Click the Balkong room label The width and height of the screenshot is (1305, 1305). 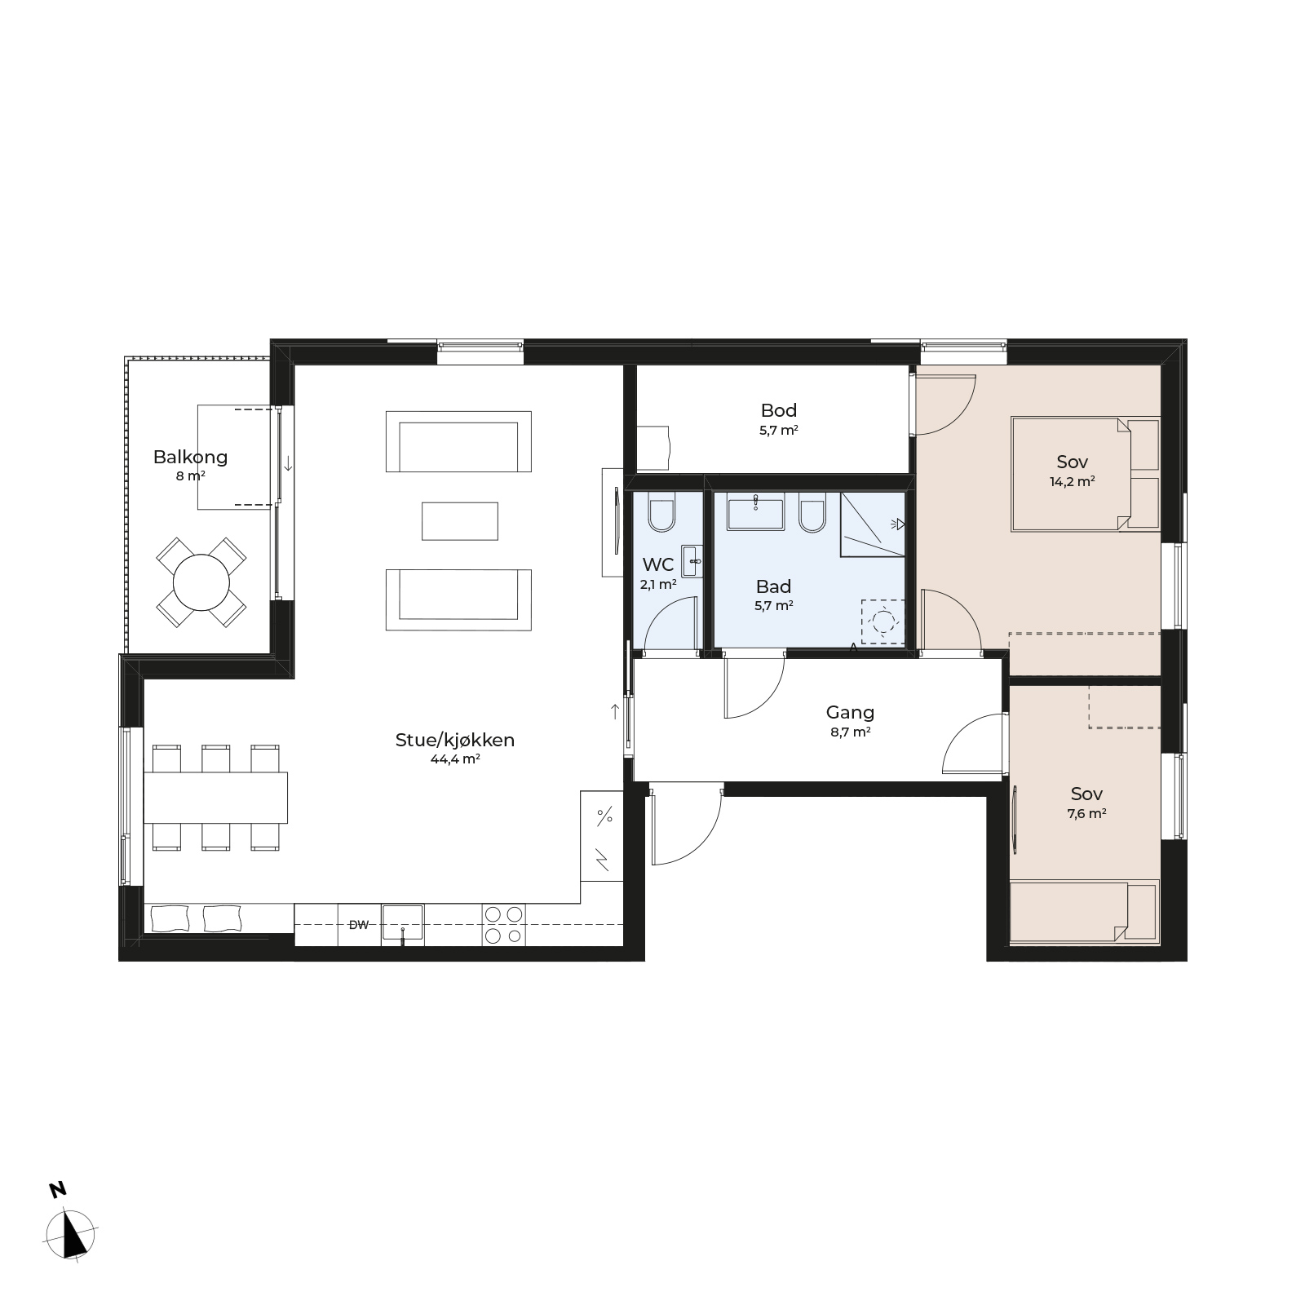190,457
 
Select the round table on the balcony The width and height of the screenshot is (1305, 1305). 201,582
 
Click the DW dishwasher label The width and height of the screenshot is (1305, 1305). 359,925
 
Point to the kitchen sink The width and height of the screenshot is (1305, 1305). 403,922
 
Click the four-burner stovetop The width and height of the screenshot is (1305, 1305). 503,925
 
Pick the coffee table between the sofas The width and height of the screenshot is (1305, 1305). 460,521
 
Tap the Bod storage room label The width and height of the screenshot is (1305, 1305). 779,410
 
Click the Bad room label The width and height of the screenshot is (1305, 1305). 773,586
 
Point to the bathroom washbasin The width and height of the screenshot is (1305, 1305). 756,511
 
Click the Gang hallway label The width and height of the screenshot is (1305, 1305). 850,713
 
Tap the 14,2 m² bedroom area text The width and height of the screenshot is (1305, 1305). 1072,481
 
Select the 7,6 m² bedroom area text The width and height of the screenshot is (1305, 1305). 1087,813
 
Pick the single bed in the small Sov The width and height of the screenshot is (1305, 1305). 1084,911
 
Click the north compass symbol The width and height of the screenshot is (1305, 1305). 72,1236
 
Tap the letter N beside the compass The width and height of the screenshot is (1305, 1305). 57,1190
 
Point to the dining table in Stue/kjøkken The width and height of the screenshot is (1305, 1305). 216,798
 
